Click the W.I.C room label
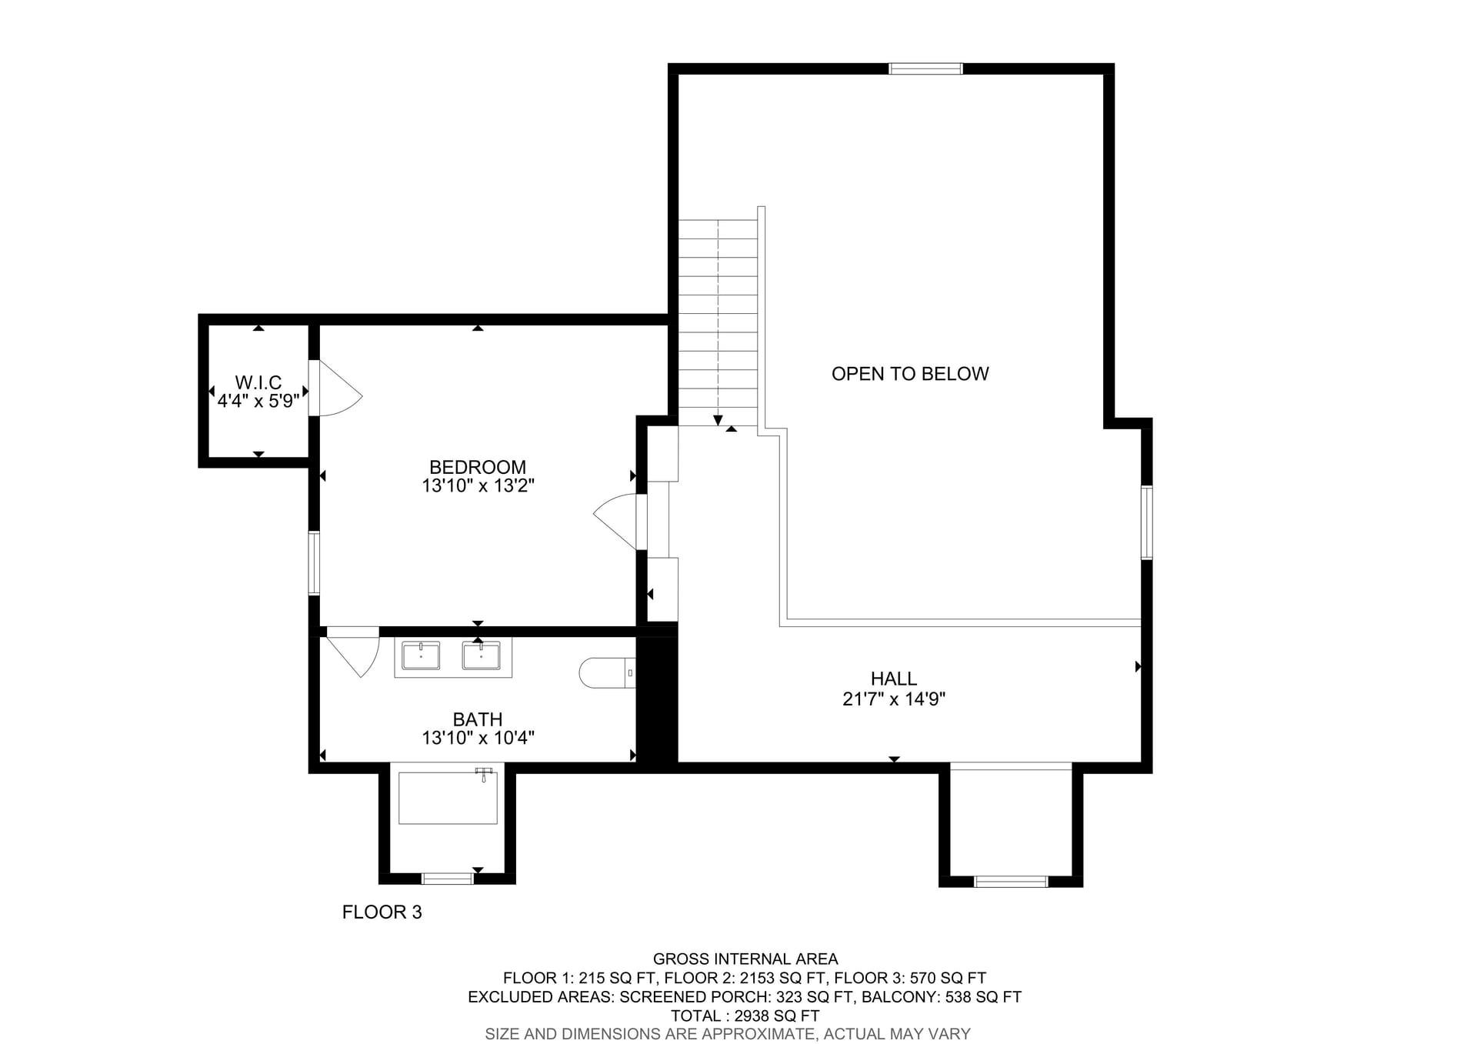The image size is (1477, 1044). tap(258, 382)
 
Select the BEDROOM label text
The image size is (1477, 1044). tap(477, 467)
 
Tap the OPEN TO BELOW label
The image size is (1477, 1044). tap(909, 374)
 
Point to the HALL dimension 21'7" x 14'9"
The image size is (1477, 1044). tap(893, 699)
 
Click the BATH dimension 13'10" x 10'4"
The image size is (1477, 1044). tap(477, 738)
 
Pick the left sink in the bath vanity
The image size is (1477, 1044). tap(421, 656)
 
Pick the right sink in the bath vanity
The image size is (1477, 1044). tap(481, 656)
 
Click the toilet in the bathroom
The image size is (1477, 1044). tap(608, 672)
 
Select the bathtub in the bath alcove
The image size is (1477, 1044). tap(448, 797)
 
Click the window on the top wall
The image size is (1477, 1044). tap(925, 68)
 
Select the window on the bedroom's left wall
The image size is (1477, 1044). tap(314, 562)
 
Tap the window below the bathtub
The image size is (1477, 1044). tap(447, 879)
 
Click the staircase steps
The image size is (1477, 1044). tap(718, 323)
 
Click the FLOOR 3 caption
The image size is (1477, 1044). tap(382, 912)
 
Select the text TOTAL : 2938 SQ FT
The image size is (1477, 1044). tap(744, 1016)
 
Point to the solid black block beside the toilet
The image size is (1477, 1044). tap(657, 700)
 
